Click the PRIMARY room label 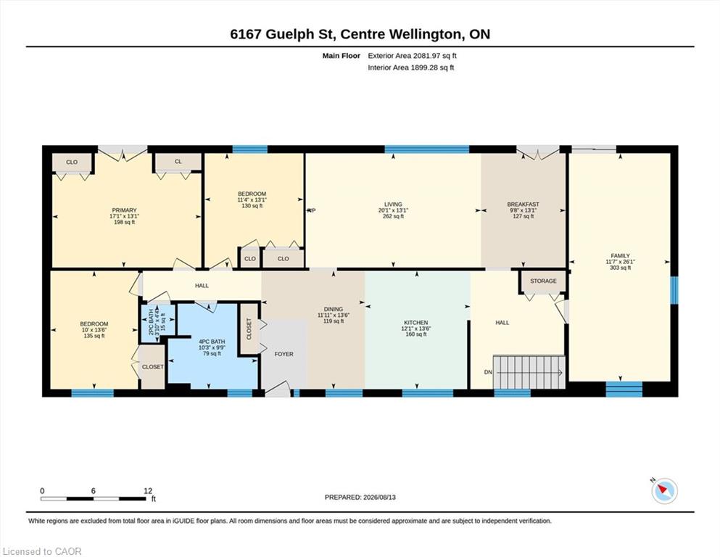(125, 210)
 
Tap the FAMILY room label (621, 256)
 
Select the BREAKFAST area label (523, 205)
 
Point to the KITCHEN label (416, 323)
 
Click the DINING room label (334, 309)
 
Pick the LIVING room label (393, 205)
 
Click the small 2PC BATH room (157, 323)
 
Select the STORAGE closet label (543, 281)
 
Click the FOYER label (284, 354)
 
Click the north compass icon (664, 490)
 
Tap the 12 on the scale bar (147, 491)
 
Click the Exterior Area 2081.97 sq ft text (412, 56)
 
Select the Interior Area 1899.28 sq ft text (411, 67)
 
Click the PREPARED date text (360, 498)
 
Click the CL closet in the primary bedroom (178, 162)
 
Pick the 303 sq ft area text (621, 268)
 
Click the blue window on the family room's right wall (674, 290)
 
